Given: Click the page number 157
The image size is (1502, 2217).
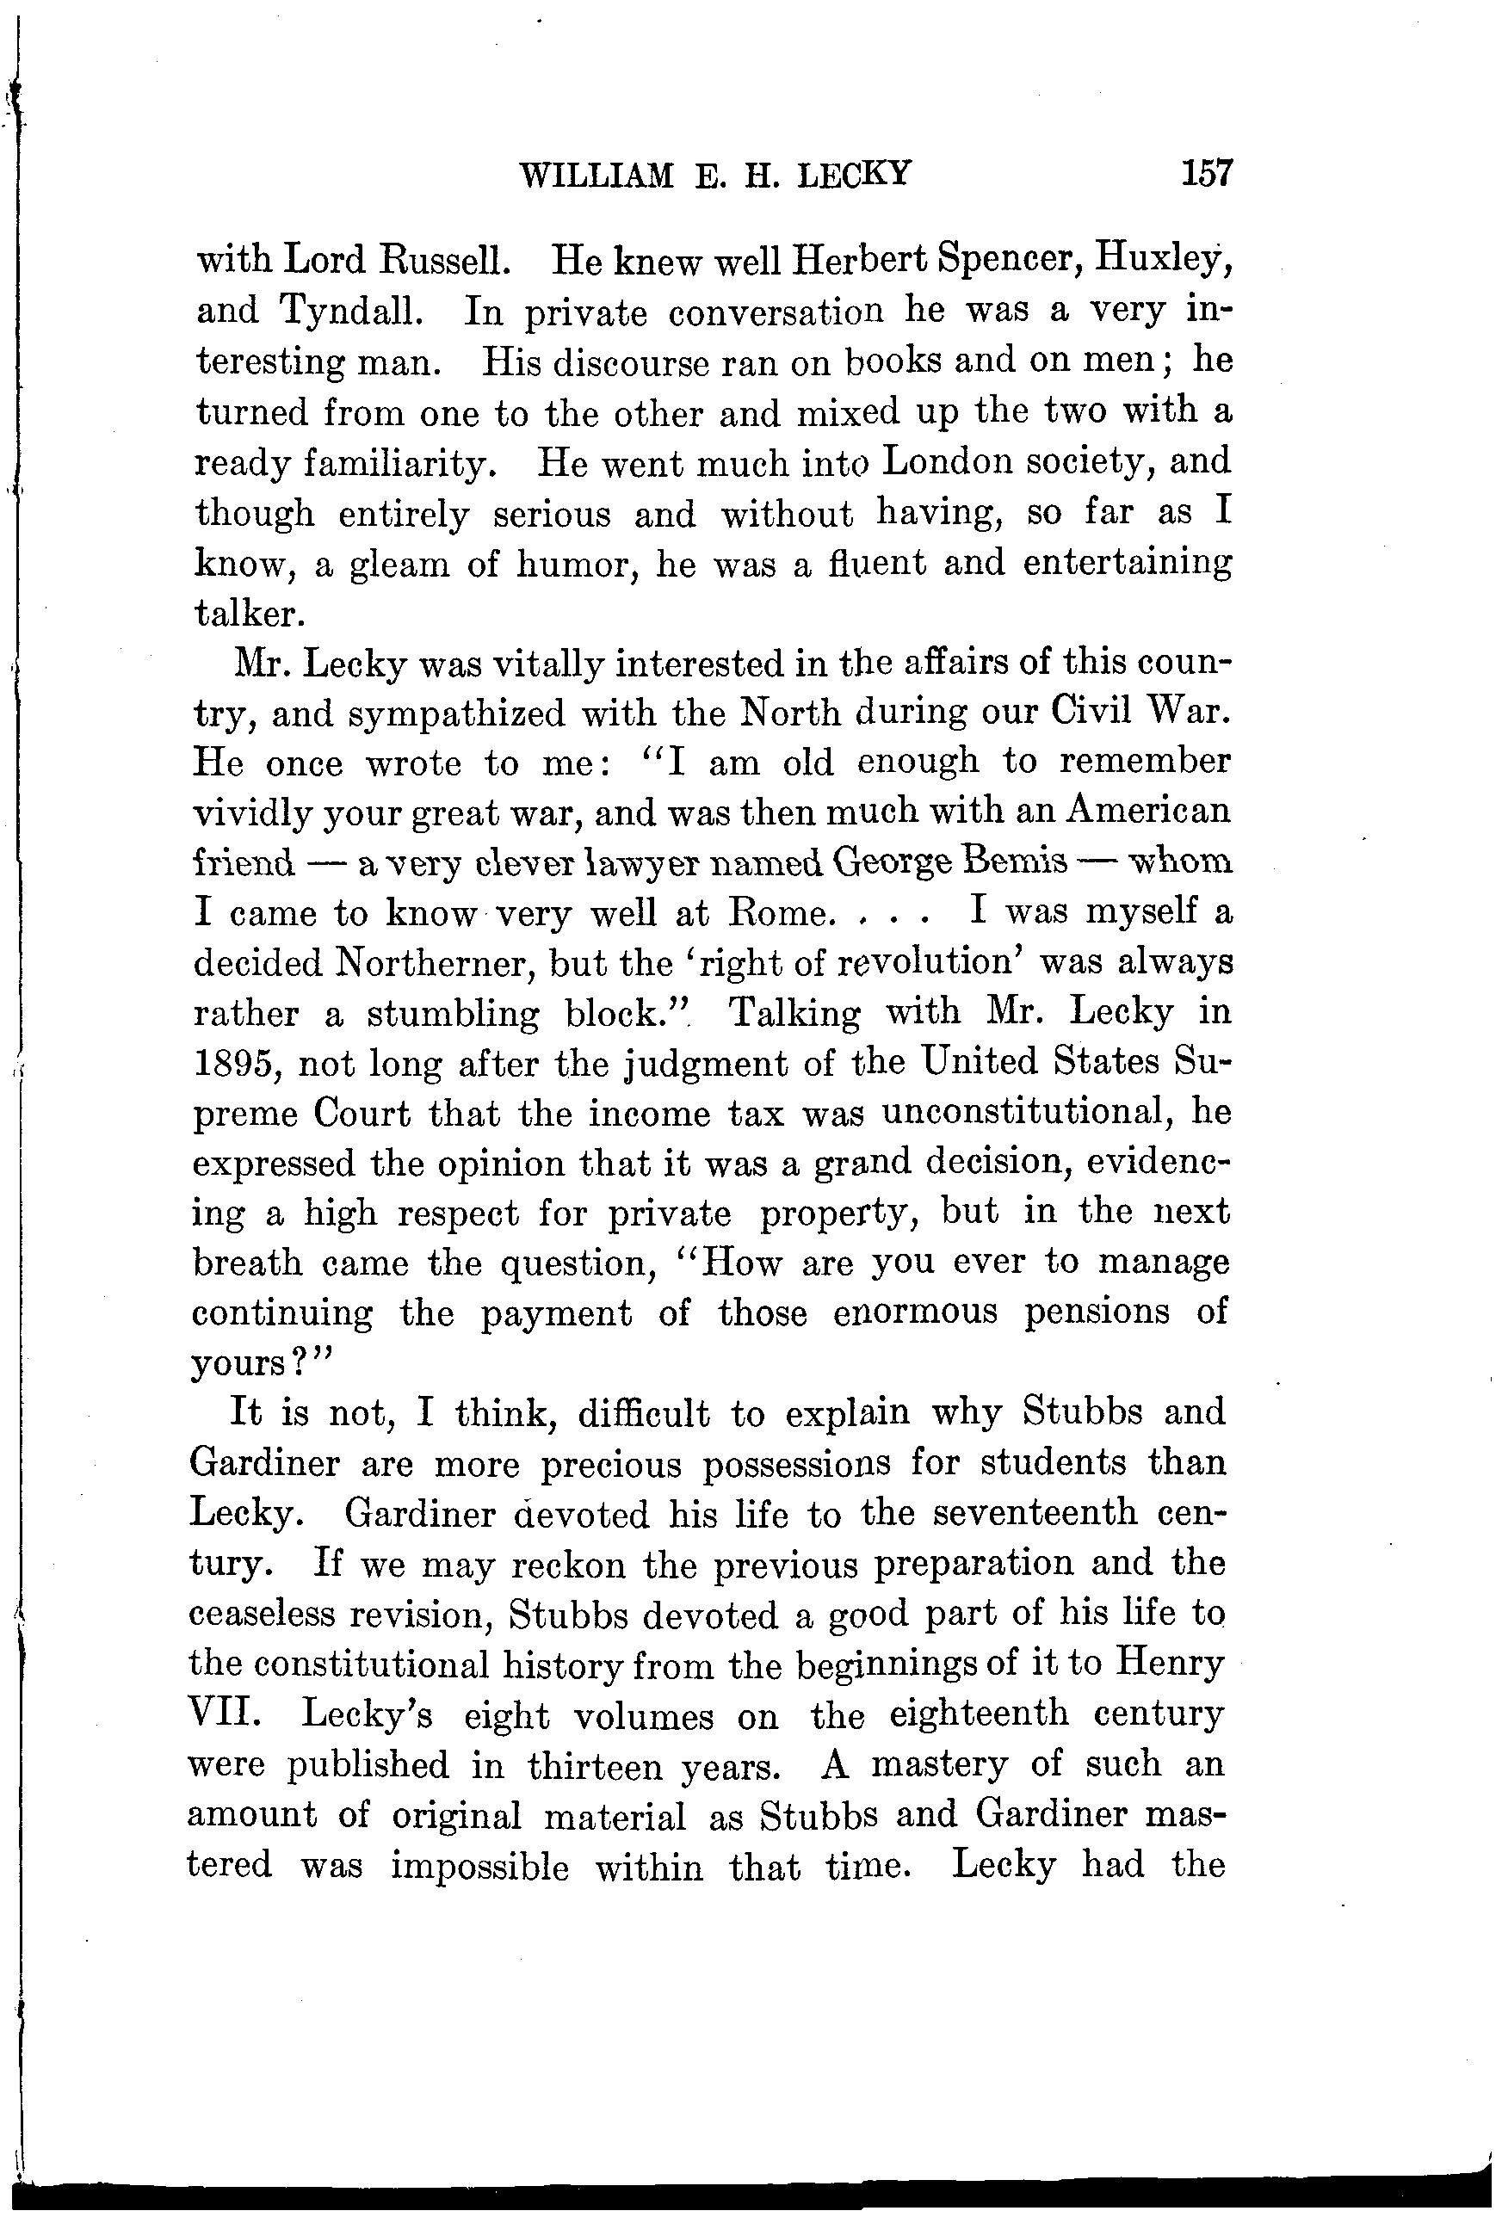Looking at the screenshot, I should [1207, 174].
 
